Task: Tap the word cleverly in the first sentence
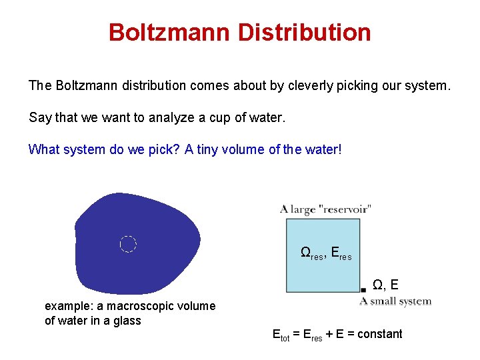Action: [x=313, y=86]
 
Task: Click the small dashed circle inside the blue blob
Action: [x=128, y=244]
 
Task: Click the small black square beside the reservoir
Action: [x=363, y=289]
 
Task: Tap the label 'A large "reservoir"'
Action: [x=325, y=209]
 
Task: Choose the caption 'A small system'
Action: [x=395, y=301]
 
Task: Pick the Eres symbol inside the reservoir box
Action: [x=341, y=253]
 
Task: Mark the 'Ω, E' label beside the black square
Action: [x=385, y=285]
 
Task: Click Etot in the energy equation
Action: [x=280, y=335]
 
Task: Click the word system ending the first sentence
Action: [x=427, y=86]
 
